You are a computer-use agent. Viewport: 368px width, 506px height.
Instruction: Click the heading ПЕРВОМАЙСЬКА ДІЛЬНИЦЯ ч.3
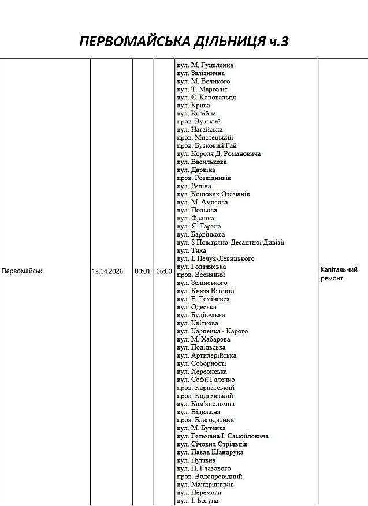point(184,42)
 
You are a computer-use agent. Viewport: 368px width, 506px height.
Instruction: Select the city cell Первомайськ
point(22,271)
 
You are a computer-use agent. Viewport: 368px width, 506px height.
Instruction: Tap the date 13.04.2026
point(107,271)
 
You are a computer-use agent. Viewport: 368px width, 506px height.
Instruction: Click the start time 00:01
point(143,271)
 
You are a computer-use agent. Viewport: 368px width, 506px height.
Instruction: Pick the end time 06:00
point(164,271)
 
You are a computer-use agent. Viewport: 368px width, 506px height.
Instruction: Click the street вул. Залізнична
point(200,73)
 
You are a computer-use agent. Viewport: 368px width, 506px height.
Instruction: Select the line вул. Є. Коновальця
point(206,98)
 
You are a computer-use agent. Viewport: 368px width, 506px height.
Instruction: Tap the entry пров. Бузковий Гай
point(207,146)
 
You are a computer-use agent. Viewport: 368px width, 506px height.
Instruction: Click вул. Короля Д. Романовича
point(219,154)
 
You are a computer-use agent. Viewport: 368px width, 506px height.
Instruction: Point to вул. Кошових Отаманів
point(213,194)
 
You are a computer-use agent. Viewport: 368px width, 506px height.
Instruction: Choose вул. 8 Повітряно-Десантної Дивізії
point(231,243)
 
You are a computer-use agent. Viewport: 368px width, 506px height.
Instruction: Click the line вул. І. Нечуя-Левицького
point(215,259)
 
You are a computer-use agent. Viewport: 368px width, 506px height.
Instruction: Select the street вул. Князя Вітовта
point(206,291)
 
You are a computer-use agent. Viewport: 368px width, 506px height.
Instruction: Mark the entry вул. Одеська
point(196,308)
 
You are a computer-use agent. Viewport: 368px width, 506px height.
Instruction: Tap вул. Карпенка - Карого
point(212,332)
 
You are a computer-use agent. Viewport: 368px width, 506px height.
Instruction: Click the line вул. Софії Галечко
point(206,380)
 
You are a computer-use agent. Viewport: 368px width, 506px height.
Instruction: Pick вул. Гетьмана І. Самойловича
point(222,437)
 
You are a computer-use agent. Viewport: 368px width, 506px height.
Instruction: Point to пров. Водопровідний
point(210,477)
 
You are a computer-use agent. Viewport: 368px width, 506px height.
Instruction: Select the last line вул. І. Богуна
point(198,501)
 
